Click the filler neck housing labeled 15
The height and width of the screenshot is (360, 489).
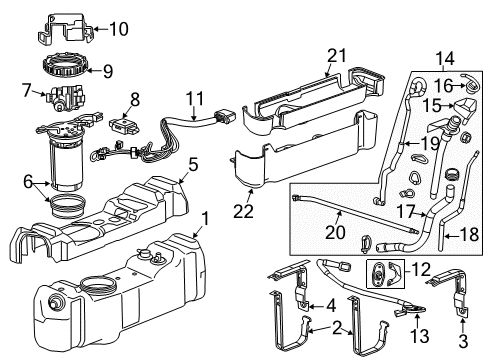pos(443,131)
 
